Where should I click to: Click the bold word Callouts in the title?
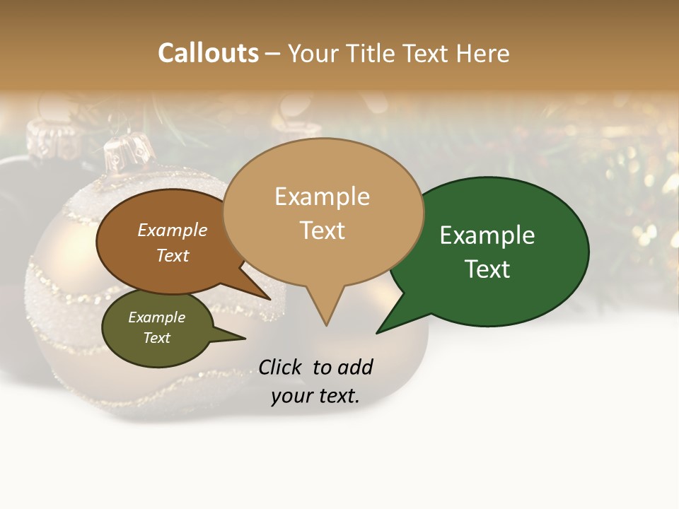[208, 53]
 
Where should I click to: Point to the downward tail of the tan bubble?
[325, 311]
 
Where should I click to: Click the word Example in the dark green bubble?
[487, 235]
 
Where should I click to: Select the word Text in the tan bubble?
[323, 230]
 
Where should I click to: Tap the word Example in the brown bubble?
[172, 230]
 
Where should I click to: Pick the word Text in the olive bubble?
[157, 338]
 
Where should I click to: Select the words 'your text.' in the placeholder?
[315, 396]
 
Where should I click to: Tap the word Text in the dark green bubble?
[487, 269]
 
